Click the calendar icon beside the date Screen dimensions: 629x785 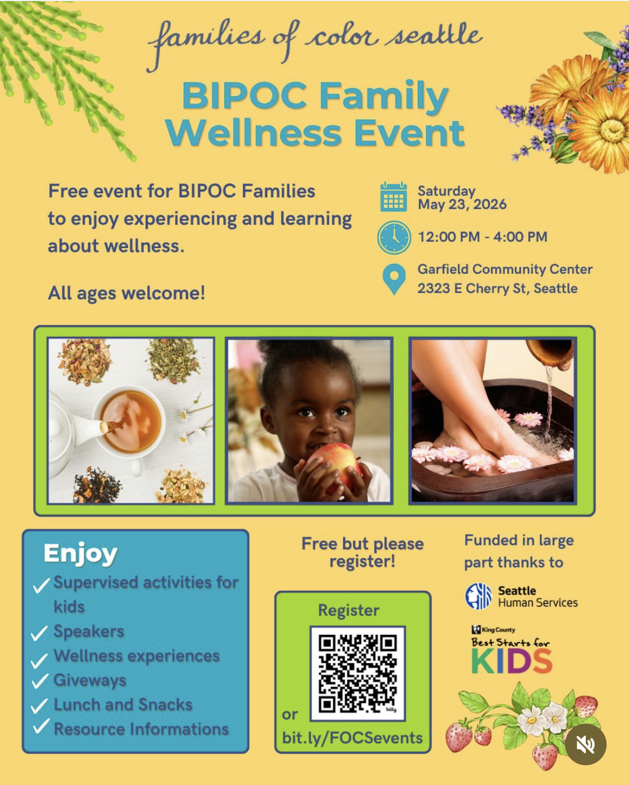coord(393,197)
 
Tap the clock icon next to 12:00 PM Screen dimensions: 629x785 coord(394,237)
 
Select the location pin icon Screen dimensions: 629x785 coord(394,279)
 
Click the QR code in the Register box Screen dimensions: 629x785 coord(357,674)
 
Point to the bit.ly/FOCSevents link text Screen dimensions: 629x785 coord(352,738)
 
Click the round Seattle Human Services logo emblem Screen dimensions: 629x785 coord(479,596)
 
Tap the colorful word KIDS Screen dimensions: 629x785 coord(512,661)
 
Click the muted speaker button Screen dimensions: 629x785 coord(586,744)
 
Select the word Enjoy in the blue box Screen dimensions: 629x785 coord(81,554)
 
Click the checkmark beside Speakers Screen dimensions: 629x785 coord(39,633)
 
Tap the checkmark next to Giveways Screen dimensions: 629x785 coord(39,681)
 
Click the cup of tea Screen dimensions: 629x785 coord(130,422)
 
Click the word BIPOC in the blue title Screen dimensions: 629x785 coord(244,96)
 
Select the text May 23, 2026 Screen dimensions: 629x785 coord(462,204)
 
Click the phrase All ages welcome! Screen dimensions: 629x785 coord(126,293)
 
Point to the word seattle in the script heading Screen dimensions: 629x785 coord(434,35)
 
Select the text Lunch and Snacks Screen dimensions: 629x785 coord(123,705)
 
